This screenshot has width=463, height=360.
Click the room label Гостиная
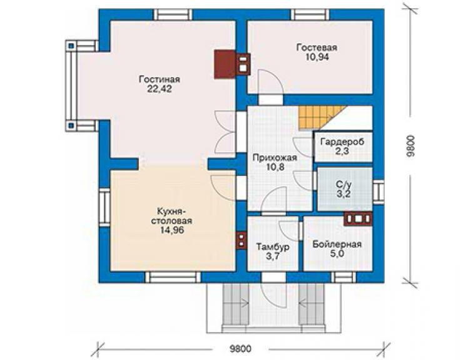[160, 80]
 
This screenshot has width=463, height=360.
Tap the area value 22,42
[160, 89]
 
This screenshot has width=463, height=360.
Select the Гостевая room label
[317, 48]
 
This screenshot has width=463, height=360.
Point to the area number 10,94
[317, 57]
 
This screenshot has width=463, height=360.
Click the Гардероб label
[342, 141]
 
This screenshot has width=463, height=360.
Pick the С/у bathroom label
[344, 185]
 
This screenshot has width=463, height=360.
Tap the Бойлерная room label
[337, 244]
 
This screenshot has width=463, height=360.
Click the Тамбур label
[273, 247]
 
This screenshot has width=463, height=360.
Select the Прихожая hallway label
[275, 158]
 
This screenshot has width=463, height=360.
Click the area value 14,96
[172, 230]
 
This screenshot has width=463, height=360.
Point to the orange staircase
[319, 118]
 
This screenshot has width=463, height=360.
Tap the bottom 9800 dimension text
[241, 349]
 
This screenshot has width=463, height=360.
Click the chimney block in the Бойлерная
[359, 219]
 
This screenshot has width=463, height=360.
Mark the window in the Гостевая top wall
[310, 15]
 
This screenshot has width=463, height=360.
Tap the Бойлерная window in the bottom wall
[343, 277]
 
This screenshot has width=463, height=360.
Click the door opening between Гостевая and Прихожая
[271, 100]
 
